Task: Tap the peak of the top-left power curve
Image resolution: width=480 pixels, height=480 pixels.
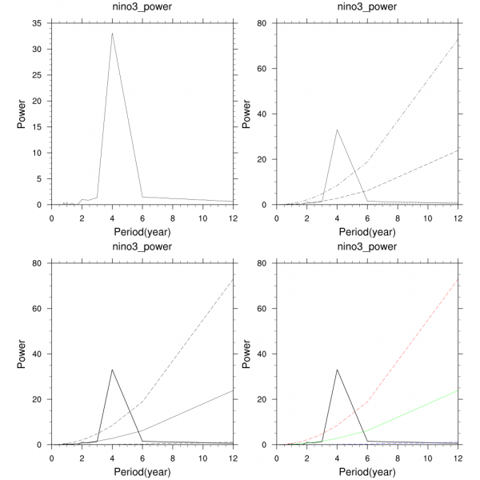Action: (112, 33)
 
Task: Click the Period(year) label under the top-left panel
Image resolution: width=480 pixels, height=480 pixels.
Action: (142, 231)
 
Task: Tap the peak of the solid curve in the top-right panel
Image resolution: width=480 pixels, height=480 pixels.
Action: (338, 130)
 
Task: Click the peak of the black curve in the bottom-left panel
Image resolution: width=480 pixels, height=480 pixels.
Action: (112, 370)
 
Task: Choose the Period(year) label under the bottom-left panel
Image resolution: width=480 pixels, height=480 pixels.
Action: (142, 471)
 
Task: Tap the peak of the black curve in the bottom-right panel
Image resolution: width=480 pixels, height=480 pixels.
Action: (338, 370)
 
